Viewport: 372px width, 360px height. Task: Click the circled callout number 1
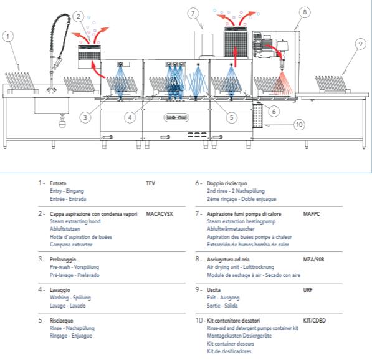pos(8,37)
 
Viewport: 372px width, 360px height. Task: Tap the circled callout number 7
pos(193,13)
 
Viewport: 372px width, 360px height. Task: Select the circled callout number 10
pos(299,124)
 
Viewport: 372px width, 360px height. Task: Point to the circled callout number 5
pos(231,117)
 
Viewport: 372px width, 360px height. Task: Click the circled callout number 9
pos(360,44)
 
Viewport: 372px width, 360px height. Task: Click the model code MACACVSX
pos(160,214)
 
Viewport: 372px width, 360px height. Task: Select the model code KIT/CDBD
pos(314,321)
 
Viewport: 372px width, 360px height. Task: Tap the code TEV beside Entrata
pos(150,183)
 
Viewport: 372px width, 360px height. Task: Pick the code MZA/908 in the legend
pos(313,260)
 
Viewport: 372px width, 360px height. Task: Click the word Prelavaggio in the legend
pos(63,260)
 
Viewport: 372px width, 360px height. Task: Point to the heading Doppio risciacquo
pos(227,183)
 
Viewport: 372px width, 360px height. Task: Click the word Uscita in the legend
pos(214,290)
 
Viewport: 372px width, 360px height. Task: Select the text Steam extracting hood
pos(75,221)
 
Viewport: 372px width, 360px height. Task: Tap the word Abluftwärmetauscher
pos(231,229)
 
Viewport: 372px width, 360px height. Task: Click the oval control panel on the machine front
pos(176,117)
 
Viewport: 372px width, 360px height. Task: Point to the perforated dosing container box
pos(257,115)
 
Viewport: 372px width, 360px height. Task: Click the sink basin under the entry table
pos(52,105)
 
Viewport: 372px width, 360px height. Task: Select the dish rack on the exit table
pos(332,84)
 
